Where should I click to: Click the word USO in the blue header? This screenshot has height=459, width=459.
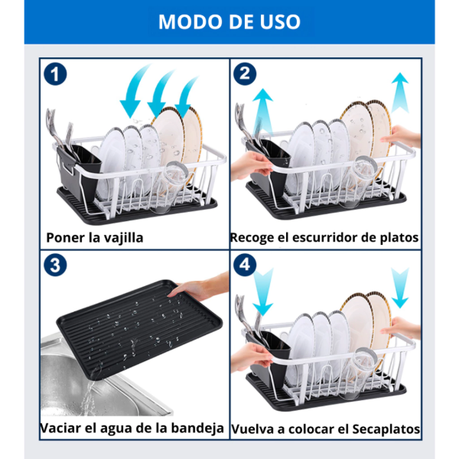pos(278,21)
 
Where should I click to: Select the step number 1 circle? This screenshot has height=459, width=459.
pos(55,74)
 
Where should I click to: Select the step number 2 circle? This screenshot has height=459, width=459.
pos(245,74)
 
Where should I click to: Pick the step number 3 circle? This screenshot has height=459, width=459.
pos(55,265)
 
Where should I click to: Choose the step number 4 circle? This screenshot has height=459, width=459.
pos(245,265)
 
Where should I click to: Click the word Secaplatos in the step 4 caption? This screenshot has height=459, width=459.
pos(386,429)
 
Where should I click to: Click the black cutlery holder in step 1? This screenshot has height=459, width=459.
pos(79,170)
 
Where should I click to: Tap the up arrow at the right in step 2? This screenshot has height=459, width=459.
pos(400,93)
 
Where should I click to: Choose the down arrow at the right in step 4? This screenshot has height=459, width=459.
pos(400,288)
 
